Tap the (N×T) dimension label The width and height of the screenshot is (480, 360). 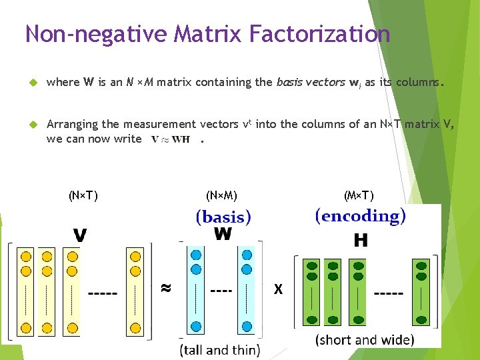(83, 195)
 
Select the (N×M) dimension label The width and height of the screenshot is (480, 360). (222, 195)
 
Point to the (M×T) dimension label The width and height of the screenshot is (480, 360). (359, 195)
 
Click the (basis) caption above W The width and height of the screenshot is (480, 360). (223, 217)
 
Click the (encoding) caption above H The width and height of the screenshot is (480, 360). (360, 216)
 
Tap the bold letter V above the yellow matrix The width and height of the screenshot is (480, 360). (80, 236)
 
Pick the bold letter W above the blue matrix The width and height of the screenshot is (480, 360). (223, 234)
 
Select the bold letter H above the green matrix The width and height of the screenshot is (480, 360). (360, 241)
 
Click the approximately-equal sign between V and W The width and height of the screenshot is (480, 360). (166, 288)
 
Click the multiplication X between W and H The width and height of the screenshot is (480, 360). (278, 289)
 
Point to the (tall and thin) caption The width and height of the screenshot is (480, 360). (220, 349)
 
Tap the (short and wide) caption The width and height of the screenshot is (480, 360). (365, 339)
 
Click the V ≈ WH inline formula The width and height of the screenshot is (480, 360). (171, 139)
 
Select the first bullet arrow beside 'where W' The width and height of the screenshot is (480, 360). (31, 83)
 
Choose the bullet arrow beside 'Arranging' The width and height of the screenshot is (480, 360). (31, 124)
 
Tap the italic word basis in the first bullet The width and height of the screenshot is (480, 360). (290, 83)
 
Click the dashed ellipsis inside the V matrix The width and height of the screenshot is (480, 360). (103, 293)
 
